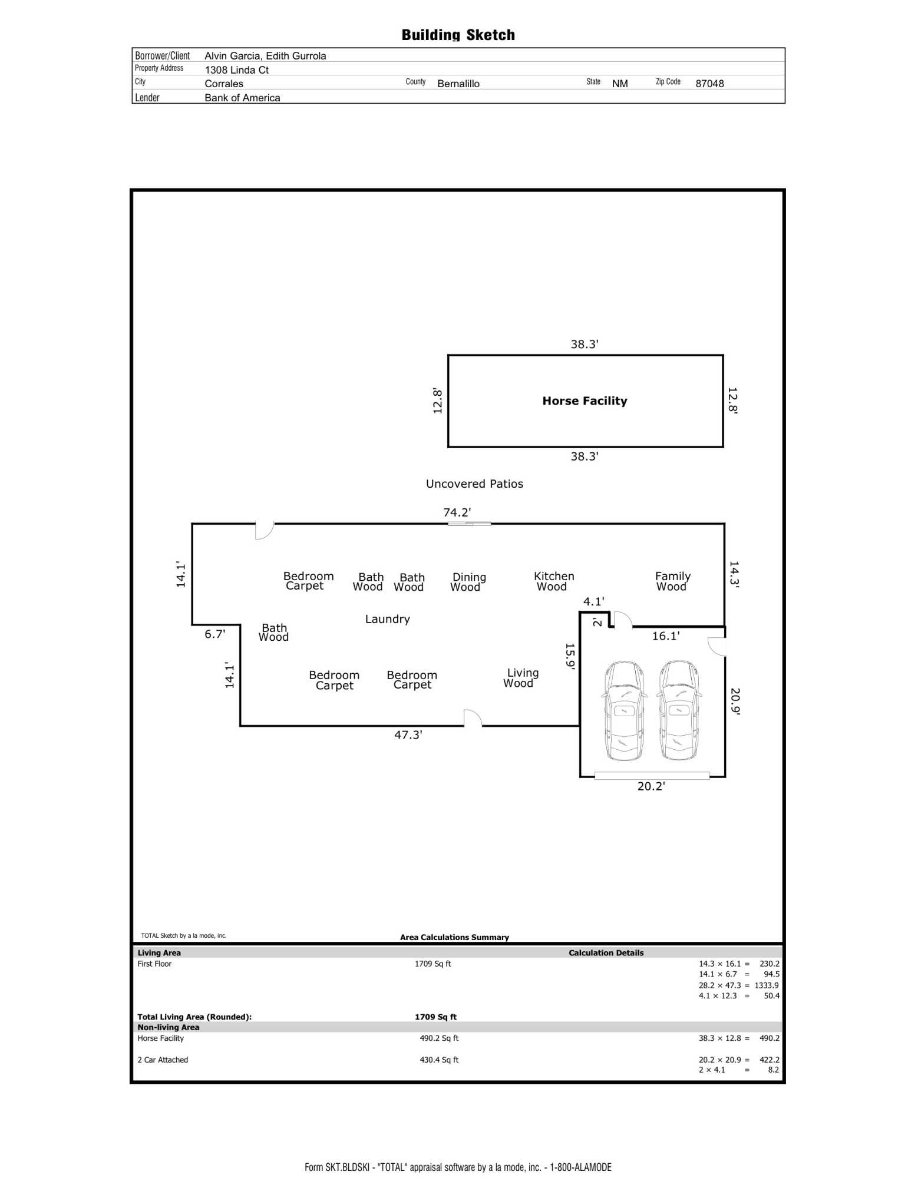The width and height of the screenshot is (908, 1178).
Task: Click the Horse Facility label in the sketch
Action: (585, 401)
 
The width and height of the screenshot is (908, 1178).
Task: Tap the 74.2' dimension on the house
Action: (457, 512)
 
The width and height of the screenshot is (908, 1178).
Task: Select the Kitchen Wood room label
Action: (553, 581)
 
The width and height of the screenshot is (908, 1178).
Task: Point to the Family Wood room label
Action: (672, 581)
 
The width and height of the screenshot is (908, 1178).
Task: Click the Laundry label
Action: (387, 619)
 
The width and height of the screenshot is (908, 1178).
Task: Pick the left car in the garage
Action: (624, 710)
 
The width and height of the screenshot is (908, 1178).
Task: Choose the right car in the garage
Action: (679, 710)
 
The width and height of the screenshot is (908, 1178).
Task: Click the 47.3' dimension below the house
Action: (408, 734)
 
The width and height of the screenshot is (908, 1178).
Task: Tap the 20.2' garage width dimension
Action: (651, 786)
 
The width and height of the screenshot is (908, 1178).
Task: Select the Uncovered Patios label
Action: (474, 484)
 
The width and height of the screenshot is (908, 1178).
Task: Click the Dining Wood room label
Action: (468, 582)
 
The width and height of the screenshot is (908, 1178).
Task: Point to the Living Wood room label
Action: (521, 678)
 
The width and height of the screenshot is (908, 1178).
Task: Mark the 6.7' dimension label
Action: (214, 634)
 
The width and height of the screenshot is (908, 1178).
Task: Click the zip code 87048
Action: (709, 84)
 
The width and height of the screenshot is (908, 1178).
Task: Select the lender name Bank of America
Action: (242, 98)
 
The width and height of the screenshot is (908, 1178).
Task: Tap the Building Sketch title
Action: (458, 35)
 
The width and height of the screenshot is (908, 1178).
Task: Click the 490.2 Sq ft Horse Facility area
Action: (439, 1038)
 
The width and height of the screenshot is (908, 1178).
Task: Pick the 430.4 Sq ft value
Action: (439, 1060)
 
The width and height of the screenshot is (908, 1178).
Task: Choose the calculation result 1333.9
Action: (767, 985)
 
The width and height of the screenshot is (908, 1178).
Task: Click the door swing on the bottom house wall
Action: (473, 718)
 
